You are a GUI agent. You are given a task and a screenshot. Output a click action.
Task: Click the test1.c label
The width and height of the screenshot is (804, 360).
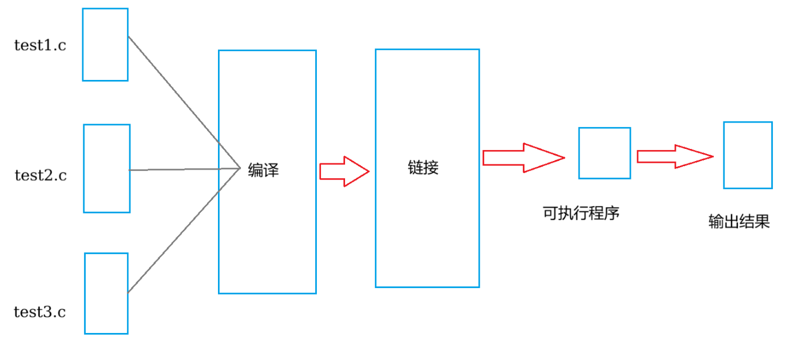pos(40,45)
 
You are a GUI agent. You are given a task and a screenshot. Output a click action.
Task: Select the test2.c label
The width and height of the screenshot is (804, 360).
pos(41,175)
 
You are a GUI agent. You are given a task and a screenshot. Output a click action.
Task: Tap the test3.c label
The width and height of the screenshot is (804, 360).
pos(40,312)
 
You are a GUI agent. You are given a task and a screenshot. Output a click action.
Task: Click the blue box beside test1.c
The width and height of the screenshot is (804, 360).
pos(105,44)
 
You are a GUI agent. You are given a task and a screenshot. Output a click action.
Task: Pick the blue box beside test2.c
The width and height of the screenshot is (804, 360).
pos(106,168)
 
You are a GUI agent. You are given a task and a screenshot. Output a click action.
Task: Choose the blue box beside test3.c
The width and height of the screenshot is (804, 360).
pos(106,293)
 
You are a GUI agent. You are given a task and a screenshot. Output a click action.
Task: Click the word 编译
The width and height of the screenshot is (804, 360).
pos(263,170)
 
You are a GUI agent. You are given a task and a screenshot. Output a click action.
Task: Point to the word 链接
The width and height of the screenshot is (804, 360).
pos(423,167)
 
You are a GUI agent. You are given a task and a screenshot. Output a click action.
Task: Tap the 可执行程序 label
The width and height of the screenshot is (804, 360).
pos(581,213)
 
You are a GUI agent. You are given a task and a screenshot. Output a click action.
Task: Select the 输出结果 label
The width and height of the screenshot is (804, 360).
pos(739,222)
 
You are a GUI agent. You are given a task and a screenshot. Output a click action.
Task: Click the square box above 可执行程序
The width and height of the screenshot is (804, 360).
pos(604,153)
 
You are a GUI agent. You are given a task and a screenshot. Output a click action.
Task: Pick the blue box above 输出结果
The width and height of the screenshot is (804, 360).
pos(748,155)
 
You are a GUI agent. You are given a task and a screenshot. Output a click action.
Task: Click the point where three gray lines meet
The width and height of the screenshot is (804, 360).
pos(239,168)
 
